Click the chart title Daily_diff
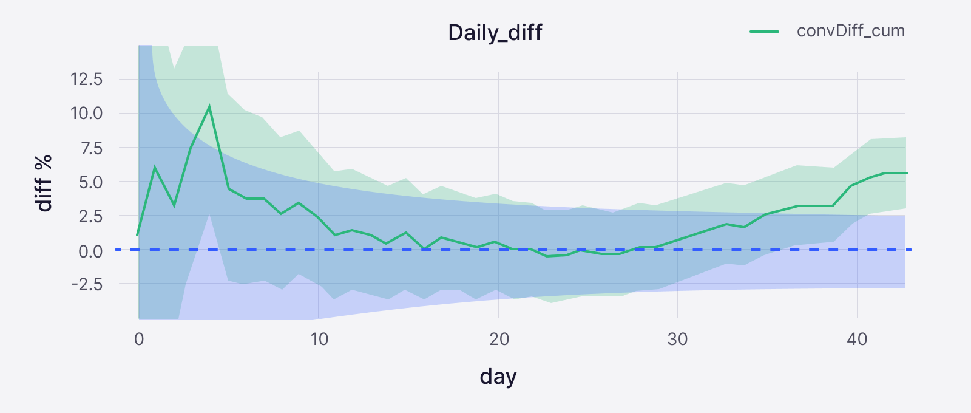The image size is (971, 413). [x=495, y=32]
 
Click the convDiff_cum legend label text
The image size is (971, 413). [x=850, y=31]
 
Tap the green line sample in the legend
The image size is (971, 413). [x=765, y=32]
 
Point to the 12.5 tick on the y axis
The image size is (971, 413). [x=86, y=80]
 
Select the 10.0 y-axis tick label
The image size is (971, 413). [x=86, y=114]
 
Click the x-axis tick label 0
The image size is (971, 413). [x=139, y=339]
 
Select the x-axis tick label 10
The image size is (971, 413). [x=319, y=339]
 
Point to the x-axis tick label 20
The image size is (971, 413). [x=499, y=339]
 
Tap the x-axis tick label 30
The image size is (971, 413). [x=678, y=339]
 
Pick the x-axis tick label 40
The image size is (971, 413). [x=858, y=339]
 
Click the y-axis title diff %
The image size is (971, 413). [x=44, y=183]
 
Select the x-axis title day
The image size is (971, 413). [x=498, y=377]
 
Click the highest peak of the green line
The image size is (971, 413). [x=209, y=107]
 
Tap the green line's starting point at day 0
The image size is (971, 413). [x=138, y=234]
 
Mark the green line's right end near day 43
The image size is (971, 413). [x=907, y=173]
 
